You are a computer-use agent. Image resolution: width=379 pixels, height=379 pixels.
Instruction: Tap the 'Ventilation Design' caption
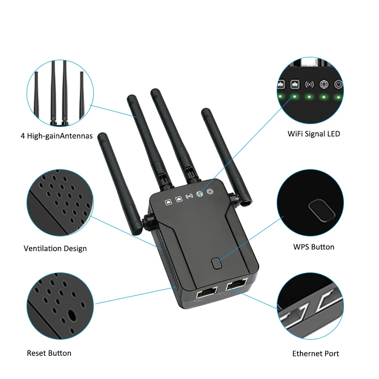[x=55, y=248]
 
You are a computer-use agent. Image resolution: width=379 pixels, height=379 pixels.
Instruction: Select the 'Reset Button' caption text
[x=49, y=353]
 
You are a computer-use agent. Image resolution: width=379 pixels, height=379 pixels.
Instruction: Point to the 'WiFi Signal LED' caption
[x=314, y=134]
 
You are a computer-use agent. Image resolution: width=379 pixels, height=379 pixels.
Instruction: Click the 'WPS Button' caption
[x=314, y=247]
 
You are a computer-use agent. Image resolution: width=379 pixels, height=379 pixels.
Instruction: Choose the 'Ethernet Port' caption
[x=316, y=353]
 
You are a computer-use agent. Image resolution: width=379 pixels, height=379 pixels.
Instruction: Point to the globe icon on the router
[x=200, y=194]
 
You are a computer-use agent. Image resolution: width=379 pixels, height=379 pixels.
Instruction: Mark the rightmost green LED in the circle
[x=338, y=98]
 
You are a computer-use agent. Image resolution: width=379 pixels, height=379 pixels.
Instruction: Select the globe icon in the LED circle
[x=325, y=85]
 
